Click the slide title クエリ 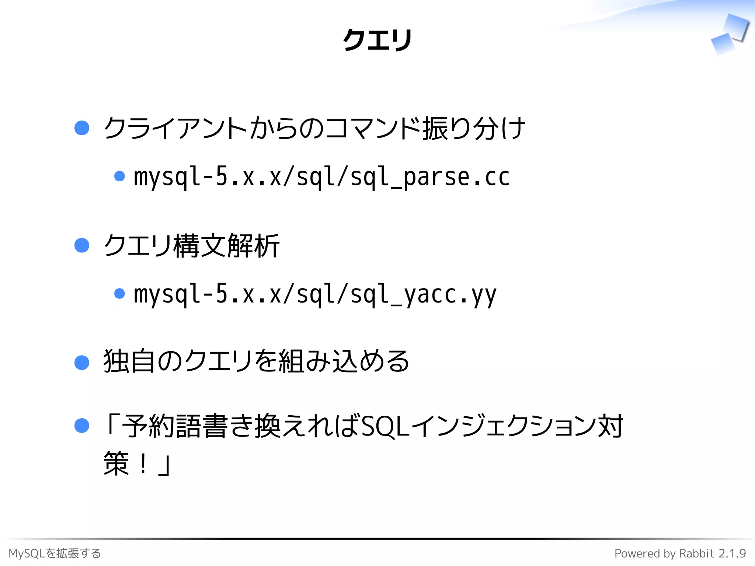coord(377,40)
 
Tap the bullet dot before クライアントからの coord(82,128)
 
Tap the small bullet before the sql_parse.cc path coord(119,176)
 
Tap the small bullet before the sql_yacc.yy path coord(119,294)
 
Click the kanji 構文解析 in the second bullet coord(226,246)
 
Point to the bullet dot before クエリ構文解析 coord(82,245)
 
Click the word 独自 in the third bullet coord(129,361)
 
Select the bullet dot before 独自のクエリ coord(82,363)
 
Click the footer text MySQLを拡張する coord(55,553)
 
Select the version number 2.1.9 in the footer coord(732,553)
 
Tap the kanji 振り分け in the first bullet coord(473,128)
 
